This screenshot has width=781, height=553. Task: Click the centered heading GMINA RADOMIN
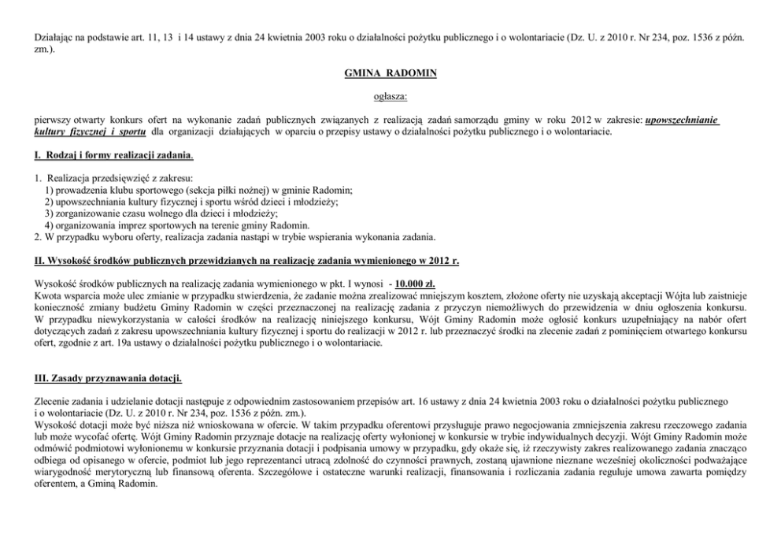click(x=390, y=73)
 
